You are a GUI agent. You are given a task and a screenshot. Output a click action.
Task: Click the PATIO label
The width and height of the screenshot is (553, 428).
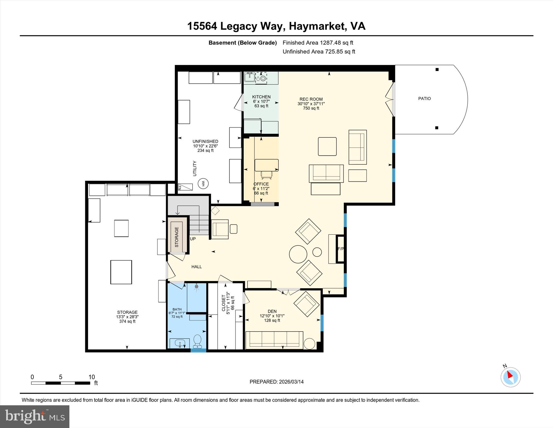coord(424,99)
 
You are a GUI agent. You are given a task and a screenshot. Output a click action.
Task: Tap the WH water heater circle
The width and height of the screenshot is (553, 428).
coord(202,184)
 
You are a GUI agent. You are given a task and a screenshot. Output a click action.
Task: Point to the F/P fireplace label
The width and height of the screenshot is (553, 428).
coord(340,249)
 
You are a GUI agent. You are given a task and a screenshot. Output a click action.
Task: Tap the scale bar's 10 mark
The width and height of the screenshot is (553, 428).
coord(92,377)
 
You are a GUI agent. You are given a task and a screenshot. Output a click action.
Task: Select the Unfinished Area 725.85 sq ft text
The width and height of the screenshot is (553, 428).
coord(319,52)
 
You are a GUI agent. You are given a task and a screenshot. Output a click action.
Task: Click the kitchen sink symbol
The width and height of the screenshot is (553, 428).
coord(250,77)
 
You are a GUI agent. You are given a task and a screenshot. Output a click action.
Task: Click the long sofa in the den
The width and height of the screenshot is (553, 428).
coord(274,339)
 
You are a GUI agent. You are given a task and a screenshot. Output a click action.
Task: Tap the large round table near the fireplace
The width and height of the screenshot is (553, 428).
coord(298,254)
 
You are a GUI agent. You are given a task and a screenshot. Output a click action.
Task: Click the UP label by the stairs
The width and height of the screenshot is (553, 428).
coord(193,239)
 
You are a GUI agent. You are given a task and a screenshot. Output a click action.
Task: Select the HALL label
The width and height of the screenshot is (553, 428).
coord(197,267)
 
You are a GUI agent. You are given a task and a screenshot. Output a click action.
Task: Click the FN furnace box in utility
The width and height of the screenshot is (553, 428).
coord(185,187)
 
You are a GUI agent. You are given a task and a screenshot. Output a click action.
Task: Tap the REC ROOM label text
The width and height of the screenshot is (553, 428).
coord(311,99)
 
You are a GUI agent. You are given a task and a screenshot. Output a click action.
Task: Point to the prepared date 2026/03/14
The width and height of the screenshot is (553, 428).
coord(291,382)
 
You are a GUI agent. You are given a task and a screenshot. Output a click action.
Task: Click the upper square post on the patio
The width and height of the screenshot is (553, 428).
coord(437,69)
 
